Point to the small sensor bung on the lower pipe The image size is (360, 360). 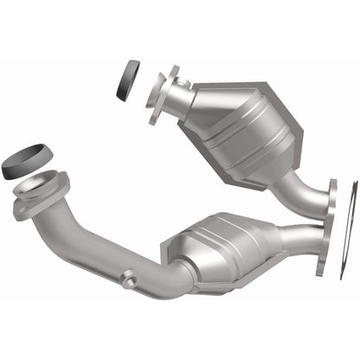pyautogui.click(x=130, y=279)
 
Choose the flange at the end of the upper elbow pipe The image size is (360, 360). pyautogui.click(x=331, y=200)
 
